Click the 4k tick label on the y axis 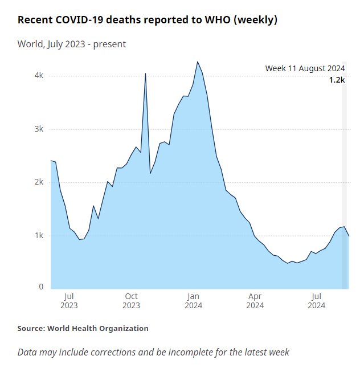tap(38, 76)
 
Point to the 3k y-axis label tap(38, 129)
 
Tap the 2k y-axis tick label tap(38, 182)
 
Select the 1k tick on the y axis tap(38, 235)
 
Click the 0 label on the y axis tap(41, 287)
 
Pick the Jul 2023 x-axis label tap(69, 300)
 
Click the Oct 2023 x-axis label tap(131, 300)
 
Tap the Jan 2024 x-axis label tap(193, 300)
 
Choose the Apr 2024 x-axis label tap(255, 300)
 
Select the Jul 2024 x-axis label tap(317, 300)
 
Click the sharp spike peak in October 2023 tap(145, 73)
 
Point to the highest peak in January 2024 tap(197, 62)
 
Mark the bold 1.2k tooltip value tap(337, 80)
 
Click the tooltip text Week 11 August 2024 tap(305, 68)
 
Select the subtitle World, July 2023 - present tap(72, 44)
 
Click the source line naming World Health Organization tap(83, 328)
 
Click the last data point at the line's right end tap(349, 236)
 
